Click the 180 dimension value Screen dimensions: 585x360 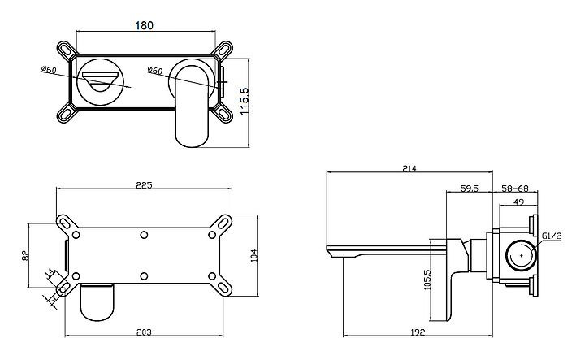coord(144,25)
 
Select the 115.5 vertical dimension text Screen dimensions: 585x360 coord(244,102)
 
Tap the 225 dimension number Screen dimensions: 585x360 coord(145,185)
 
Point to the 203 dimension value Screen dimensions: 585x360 coord(144,332)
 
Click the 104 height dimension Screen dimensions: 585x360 coord(254,255)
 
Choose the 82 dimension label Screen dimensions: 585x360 coord(25,255)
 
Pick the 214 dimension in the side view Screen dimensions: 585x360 coord(409,168)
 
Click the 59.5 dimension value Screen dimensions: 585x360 coord(470,189)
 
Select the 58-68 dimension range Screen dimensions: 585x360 coord(515,189)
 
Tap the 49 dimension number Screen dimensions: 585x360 coord(518,202)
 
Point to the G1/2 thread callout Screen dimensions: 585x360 coord(552,236)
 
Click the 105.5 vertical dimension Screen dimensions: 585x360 coord(427,280)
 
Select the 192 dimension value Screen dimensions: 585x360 coord(418,332)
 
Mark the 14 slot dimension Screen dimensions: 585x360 coord(50,274)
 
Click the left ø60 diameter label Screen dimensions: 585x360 coord(49,70)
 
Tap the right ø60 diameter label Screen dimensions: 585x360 coord(155,70)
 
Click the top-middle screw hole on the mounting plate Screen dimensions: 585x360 coord(144,235)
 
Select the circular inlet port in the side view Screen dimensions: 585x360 coord(521,256)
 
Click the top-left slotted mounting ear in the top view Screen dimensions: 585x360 coord(67,50)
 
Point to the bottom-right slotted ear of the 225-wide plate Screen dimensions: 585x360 coord(223,288)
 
